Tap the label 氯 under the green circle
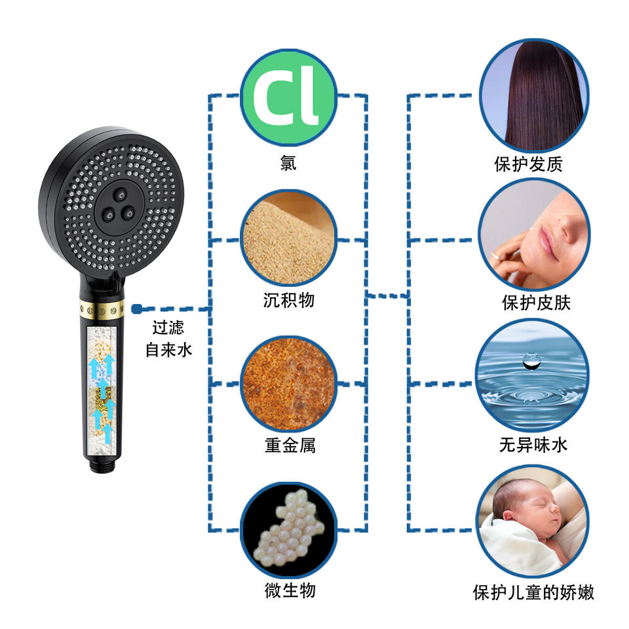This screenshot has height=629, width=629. (288, 162)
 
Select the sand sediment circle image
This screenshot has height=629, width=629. (288, 239)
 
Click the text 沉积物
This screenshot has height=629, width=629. (289, 301)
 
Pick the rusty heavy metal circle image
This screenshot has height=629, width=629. (288, 383)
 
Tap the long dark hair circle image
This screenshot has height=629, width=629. (533, 94)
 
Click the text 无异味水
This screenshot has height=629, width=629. (533, 446)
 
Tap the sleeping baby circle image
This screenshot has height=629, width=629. (532, 521)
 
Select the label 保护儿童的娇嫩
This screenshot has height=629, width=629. (533, 592)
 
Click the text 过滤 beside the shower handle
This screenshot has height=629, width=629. (168, 328)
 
